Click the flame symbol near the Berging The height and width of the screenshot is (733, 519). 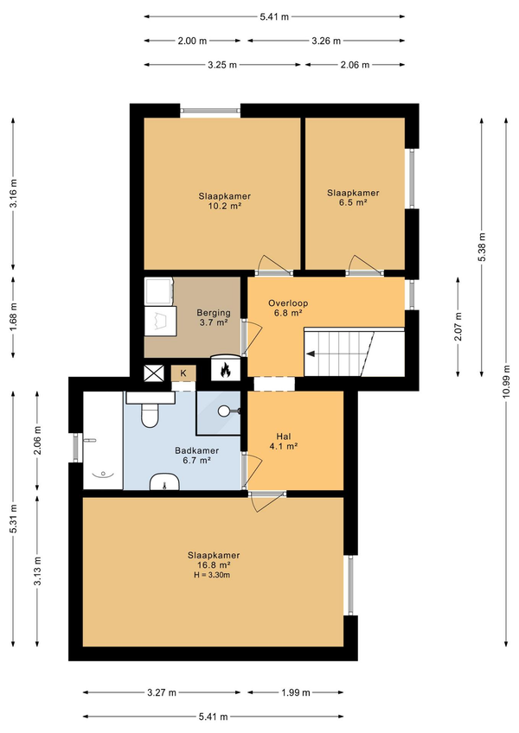(226, 370)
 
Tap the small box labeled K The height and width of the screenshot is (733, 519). (183, 373)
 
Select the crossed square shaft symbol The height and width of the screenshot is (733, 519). (154, 373)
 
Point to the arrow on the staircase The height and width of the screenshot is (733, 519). (311, 354)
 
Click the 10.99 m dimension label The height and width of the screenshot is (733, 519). (506, 381)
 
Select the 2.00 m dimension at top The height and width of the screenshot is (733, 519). (192, 41)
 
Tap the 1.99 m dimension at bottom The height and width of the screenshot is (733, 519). (296, 692)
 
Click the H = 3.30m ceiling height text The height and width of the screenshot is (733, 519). (212, 575)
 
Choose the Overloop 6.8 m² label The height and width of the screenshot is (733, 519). (288, 308)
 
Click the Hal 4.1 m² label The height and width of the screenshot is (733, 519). (284, 442)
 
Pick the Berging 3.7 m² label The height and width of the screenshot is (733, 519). (214, 317)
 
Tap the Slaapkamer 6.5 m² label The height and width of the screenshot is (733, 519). (353, 198)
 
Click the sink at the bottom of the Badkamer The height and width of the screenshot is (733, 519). (164, 481)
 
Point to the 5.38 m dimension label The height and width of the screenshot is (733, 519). (482, 246)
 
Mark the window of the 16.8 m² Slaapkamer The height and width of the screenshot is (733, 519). (350, 585)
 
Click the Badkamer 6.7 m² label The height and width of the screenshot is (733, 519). (197, 456)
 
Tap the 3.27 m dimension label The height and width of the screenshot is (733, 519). (162, 692)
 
